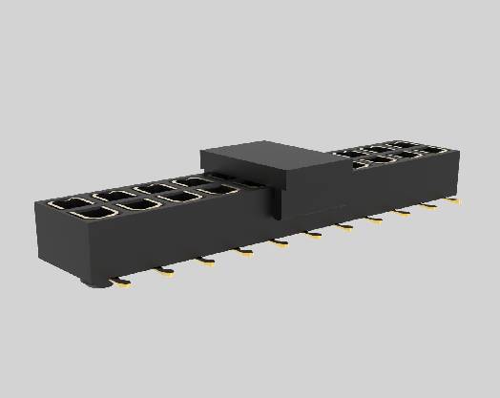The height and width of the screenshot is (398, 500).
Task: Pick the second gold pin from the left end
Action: (x=165, y=272)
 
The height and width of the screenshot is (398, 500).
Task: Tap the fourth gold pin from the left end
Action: (x=243, y=251)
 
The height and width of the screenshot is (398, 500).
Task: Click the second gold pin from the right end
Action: (x=430, y=206)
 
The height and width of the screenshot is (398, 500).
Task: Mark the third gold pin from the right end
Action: (x=404, y=213)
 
